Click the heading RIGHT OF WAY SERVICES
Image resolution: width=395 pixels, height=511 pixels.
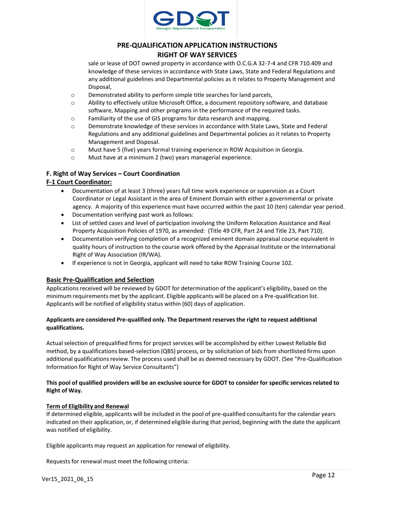[x=197, y=54]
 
